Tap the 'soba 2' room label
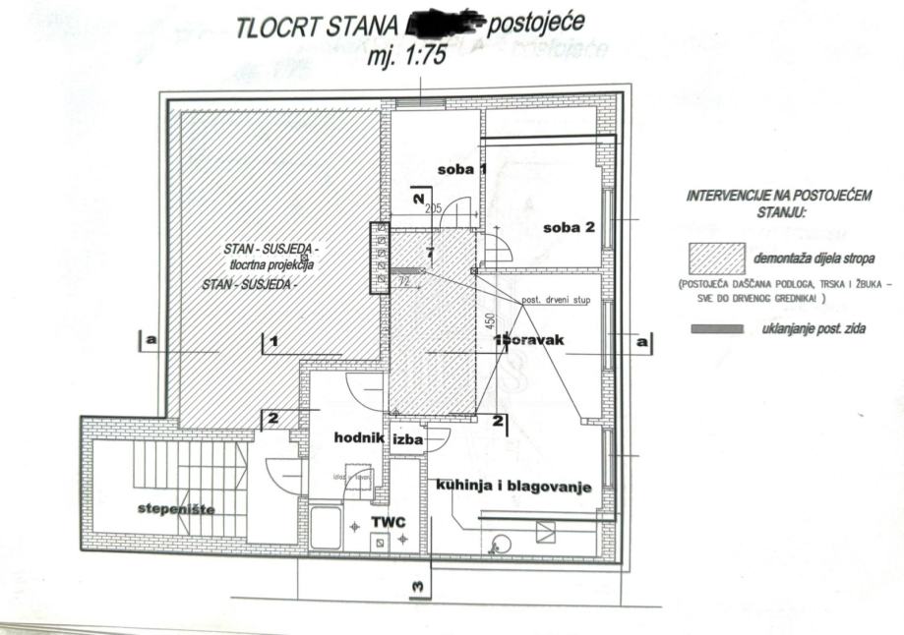click(569, 228)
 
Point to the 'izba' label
click(408, 440)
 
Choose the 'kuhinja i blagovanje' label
click(515, 487)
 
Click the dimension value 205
click(434, 208)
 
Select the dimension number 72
click(404, 282)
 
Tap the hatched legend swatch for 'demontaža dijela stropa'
click(716, 258)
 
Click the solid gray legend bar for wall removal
click(717, 329)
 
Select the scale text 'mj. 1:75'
click(405, 56)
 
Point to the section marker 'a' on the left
click(151, 339)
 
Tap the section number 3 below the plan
click(419, 588)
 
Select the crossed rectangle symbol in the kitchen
click(546, 532)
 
